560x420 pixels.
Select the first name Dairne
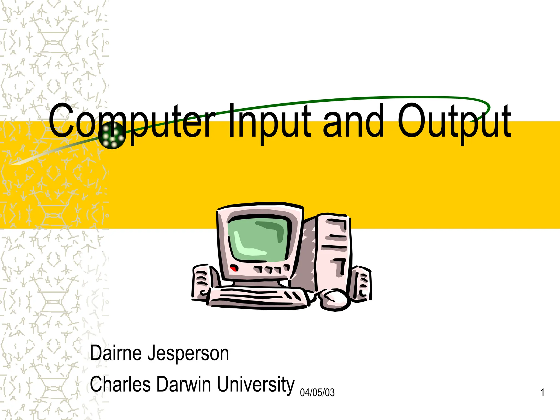coord(117,353)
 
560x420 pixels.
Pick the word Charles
coord(120,384)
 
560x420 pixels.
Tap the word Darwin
coord(184,384)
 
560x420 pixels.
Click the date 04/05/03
coord(317,393)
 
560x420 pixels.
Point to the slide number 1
coord(542,393)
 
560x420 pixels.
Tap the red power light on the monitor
coord(234,268)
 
